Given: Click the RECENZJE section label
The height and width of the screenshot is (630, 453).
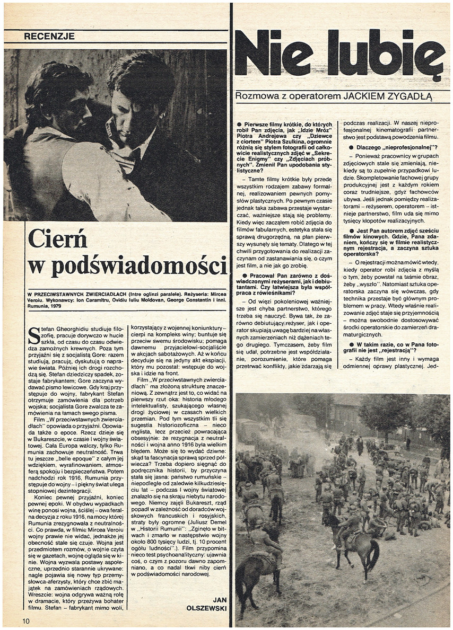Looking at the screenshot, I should coord(49,37).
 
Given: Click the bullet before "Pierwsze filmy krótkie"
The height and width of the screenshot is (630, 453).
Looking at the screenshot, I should coord(239,124).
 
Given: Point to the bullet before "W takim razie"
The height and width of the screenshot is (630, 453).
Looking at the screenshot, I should coord(345,345).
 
